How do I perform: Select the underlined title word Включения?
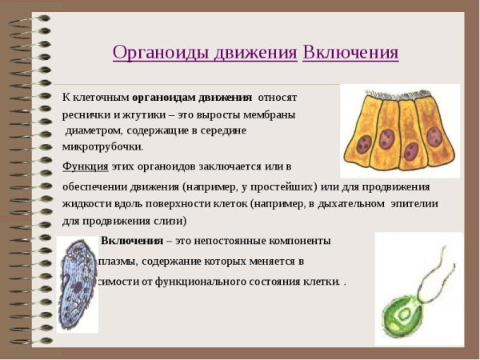tap(350, 53)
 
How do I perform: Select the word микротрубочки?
tap(102, 146)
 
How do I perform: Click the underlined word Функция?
tap(86, 166)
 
